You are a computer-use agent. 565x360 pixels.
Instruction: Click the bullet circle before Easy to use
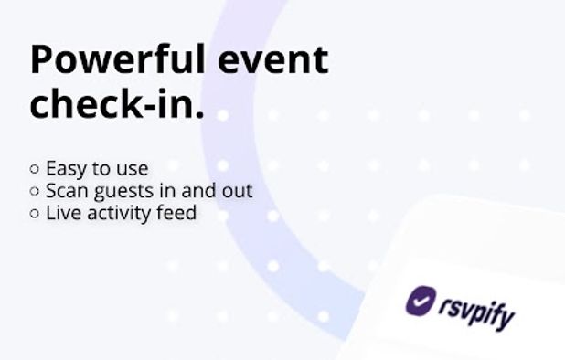coord(35,169)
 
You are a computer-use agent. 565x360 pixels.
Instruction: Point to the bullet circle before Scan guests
coord(35,192)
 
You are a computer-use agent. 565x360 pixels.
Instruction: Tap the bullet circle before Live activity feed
coord(35,214)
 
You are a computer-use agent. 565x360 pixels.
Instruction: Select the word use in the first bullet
coord(132,170)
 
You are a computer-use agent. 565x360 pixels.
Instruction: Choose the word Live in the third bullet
coord(62,214)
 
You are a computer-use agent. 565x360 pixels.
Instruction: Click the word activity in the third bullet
coord(117,215)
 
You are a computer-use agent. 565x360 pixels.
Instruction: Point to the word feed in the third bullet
coord(177,214)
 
